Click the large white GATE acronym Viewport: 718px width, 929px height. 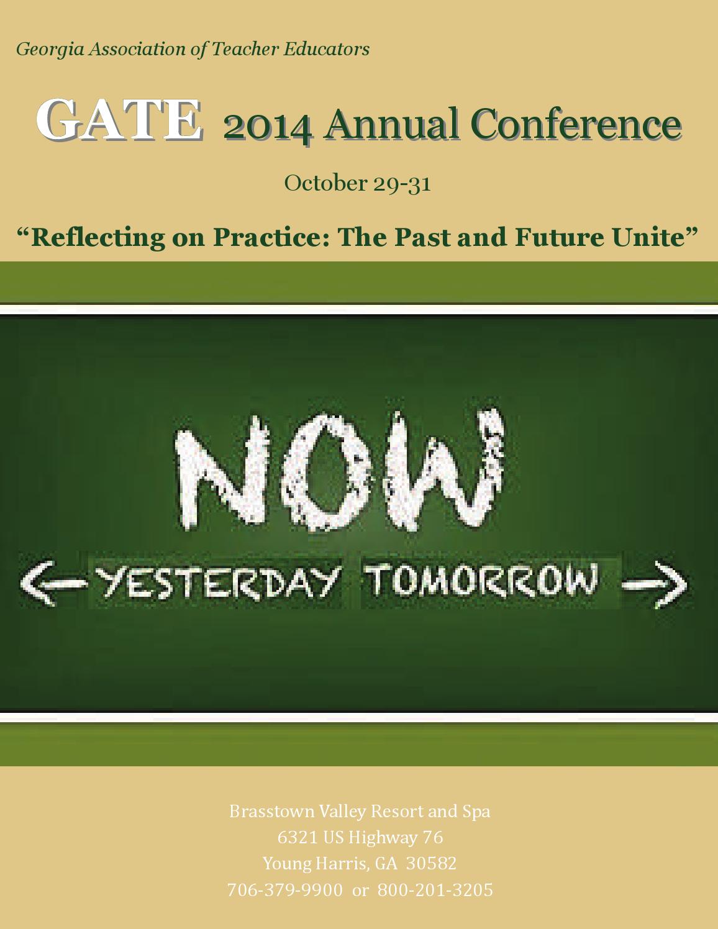point(119,119)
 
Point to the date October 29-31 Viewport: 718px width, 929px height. point(357,183)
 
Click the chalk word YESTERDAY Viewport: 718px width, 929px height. point(217,582)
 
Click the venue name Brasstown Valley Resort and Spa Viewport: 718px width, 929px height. point(360,811)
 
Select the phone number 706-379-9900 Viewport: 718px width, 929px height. point(284,890)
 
